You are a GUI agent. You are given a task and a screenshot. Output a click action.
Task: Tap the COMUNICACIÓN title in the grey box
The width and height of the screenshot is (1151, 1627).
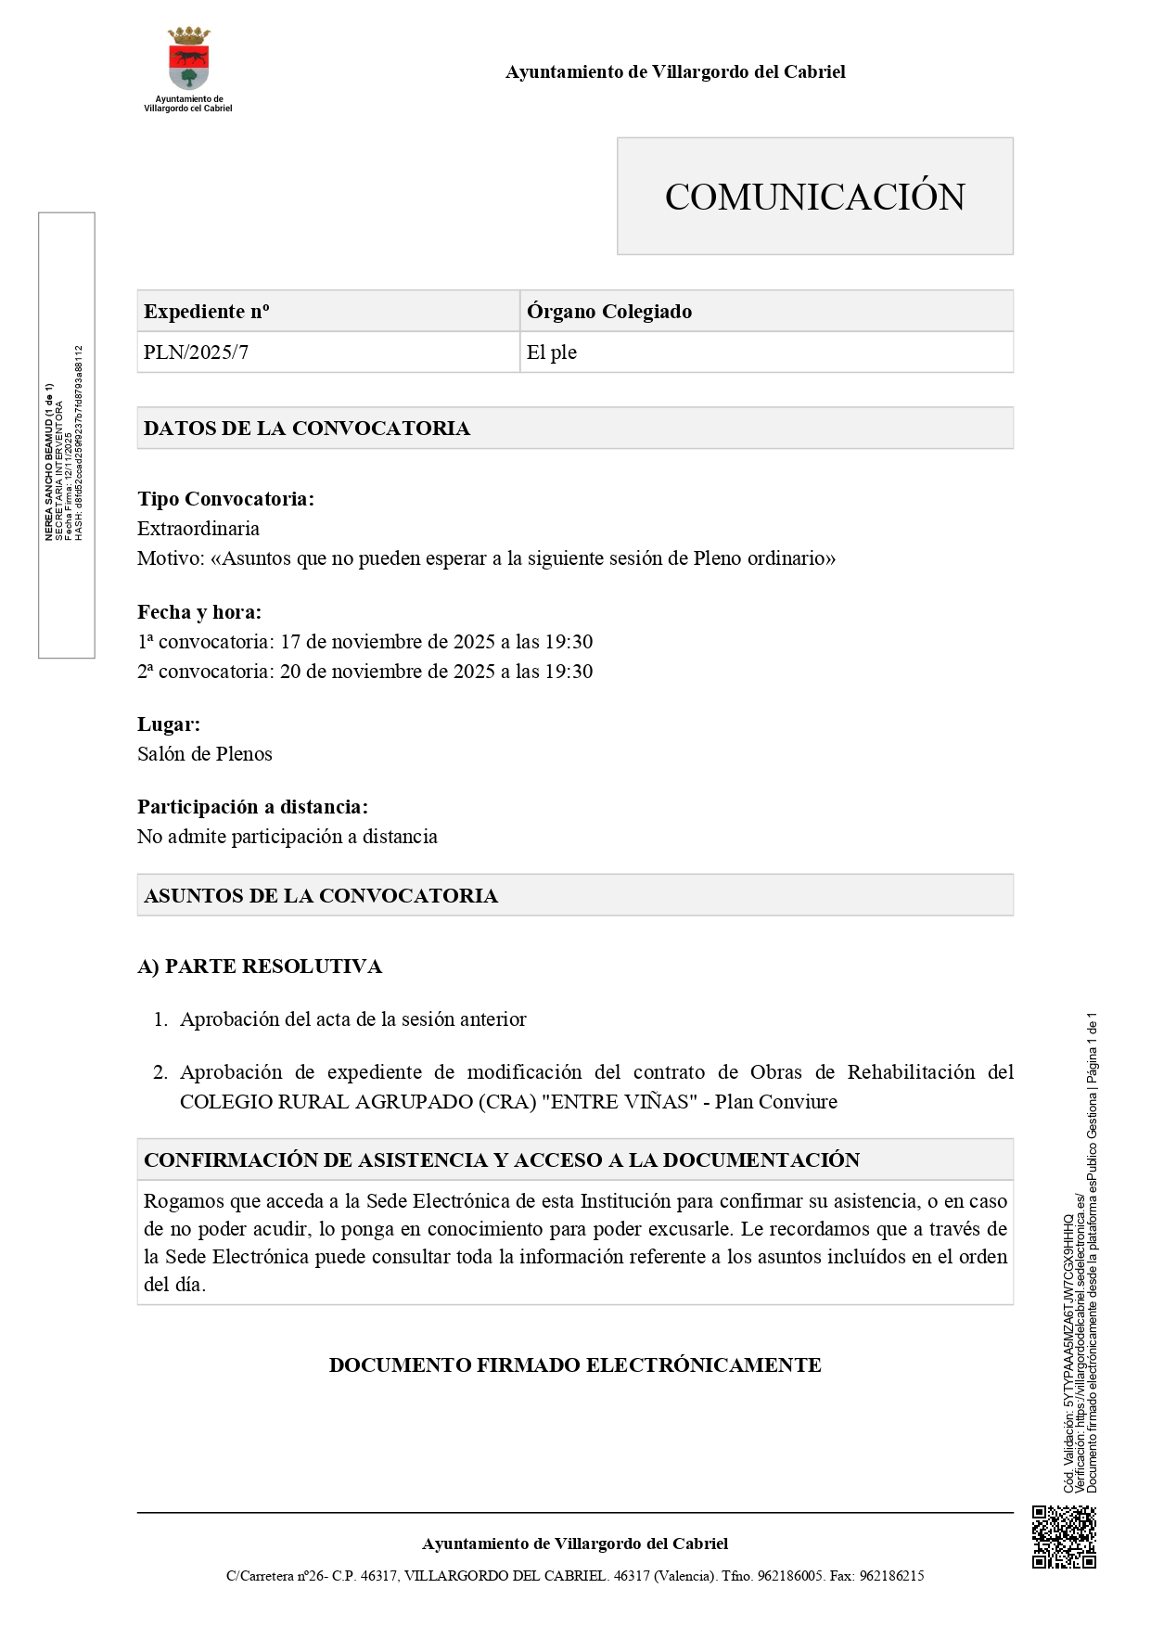click(x=814, y=197)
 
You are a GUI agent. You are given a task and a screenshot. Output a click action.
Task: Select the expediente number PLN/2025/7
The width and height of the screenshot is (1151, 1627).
click(x=196, y=352)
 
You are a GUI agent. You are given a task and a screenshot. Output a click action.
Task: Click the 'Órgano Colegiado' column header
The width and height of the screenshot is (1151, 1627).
click(x=608, y=312)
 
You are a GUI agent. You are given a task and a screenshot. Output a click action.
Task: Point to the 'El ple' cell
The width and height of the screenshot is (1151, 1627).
click(x=552, y=352)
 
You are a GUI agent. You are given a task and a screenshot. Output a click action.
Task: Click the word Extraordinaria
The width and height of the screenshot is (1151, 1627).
click(x=198, y=529)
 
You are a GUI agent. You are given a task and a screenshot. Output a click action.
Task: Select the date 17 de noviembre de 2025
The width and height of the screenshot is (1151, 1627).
click(x=388, y=642)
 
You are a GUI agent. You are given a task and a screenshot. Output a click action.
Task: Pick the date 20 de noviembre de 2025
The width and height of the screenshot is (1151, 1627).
click(x=388, y=672)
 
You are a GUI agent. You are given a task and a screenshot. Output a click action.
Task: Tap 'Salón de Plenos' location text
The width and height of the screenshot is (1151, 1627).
click(x=205, y=754)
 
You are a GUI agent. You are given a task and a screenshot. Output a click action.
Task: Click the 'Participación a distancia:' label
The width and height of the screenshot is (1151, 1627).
click(x=252, y=807)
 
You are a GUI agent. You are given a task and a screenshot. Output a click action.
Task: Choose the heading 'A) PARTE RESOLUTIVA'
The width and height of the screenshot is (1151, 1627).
click(x=260, y=967)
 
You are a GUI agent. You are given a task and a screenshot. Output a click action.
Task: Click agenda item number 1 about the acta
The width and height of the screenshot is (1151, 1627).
click(x=352, y=1019)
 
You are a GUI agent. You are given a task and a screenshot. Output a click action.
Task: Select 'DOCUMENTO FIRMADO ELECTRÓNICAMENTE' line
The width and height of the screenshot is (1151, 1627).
click(x=575, y=1365)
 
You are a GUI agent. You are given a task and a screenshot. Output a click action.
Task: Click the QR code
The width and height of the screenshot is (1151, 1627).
click(x=1064, y=1537)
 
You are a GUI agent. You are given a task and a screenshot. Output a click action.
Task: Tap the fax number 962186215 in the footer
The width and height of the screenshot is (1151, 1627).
click(x=891, y=1576)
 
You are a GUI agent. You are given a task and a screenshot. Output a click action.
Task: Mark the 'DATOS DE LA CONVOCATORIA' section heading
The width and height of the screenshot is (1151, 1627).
click(x=307, y=429)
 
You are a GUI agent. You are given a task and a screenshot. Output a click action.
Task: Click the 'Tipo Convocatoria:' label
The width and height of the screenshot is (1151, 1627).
click(x=225, y=499)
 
